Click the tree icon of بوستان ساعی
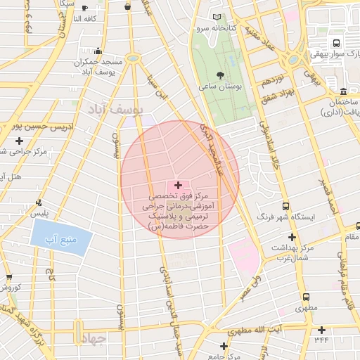(220, 74)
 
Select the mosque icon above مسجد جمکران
(98, 51)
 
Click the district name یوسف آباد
(115, 110)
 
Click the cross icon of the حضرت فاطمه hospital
(177, 184)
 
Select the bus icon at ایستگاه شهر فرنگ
(285, 206)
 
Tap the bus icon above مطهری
(305, 297)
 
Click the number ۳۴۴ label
(321, 340)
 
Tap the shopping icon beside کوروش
(8, 278)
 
